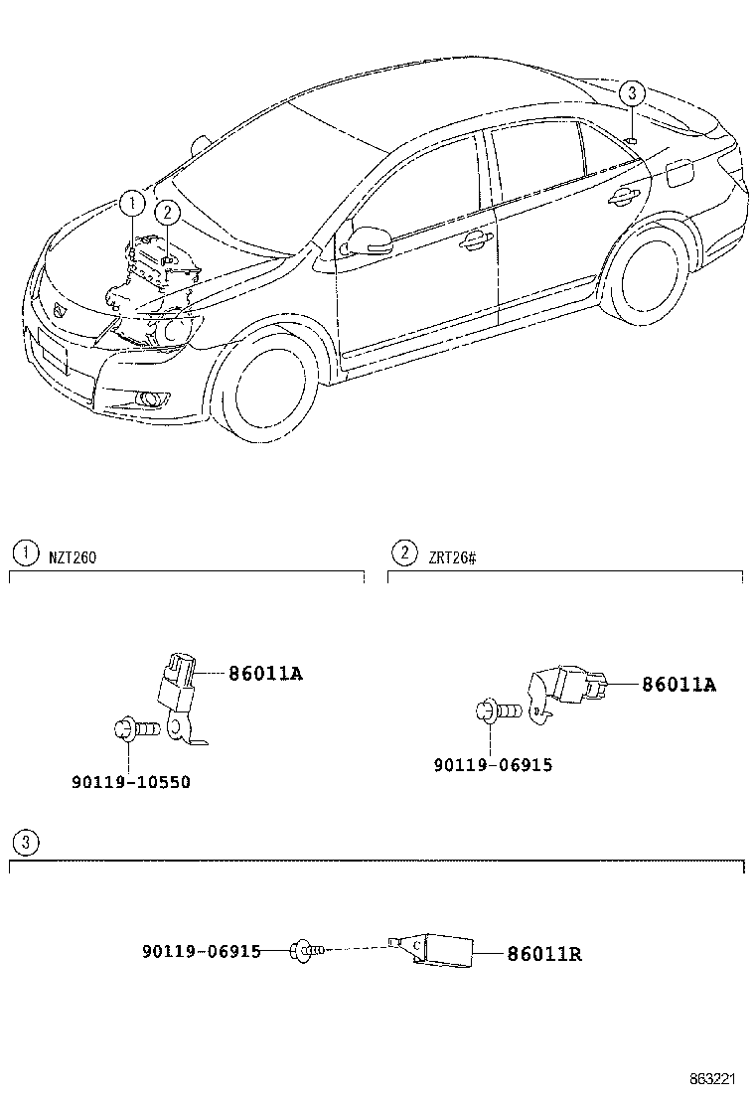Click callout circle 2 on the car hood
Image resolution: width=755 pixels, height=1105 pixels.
click(x=167, y=212)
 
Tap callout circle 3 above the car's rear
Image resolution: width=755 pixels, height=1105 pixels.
click(x=632, y=94)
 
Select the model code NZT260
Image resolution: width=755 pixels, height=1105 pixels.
click(x=73, y=557)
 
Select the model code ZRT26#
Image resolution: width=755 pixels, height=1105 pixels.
click(x=452, y=557)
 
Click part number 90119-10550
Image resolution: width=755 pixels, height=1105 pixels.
click(x=130, y=782)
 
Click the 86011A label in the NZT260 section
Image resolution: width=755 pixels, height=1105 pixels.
click(x=264, y=674)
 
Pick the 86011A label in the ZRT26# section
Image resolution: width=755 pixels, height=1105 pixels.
click(x=679, y=684)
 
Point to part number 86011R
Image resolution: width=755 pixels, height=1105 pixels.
click(x=543, y=954)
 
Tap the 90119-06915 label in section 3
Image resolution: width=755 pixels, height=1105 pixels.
click(x=201, y=951)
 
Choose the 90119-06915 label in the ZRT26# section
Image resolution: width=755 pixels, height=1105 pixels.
click(x=493, y=764)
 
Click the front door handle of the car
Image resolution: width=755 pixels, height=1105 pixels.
click(x=474, y=239)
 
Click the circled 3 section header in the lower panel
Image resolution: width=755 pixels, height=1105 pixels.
click(x=26, y=844)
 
